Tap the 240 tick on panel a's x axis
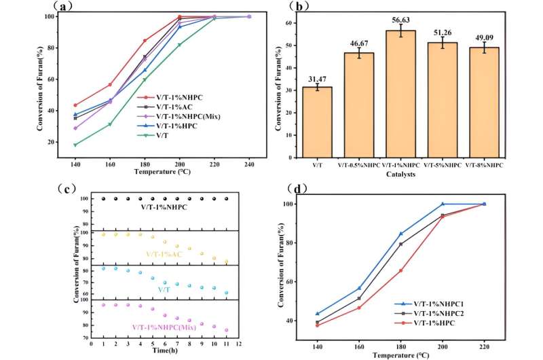[x=249, y=164]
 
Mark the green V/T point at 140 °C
[x=75, y=145]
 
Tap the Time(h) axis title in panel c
[x=160, y=351]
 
